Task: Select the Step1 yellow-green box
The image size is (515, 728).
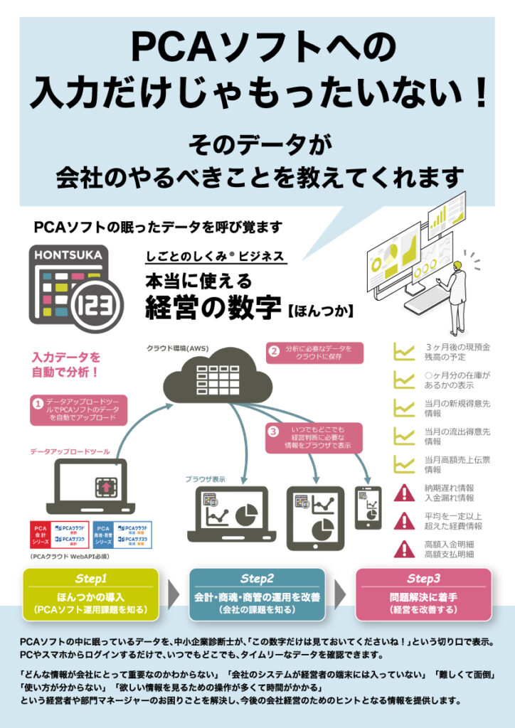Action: pos(91,594)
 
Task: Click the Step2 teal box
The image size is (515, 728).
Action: pos(257,594)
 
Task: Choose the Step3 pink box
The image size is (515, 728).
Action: pos(423,594)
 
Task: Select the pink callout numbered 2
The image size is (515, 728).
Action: pos(314,353)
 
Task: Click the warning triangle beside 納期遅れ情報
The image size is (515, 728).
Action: pos(405,492)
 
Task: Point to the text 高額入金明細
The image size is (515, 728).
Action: pos(449,544)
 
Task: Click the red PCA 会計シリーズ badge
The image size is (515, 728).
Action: pos(41,534)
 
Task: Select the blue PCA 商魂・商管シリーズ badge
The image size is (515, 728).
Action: pos(103,534)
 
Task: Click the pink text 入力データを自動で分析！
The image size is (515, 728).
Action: pos(65,363)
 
